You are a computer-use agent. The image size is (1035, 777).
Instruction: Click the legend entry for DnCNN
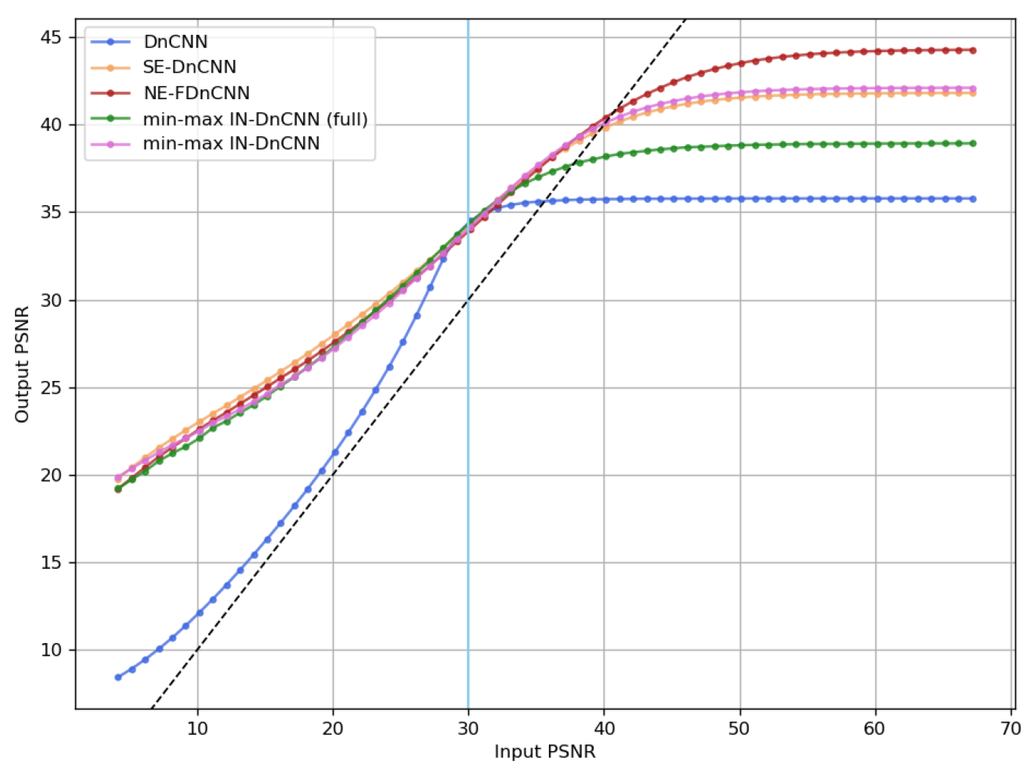[175, 42]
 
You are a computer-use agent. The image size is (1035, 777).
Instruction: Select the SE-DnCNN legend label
[189, 67]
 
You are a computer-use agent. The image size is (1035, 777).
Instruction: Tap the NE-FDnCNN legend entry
[196, 93]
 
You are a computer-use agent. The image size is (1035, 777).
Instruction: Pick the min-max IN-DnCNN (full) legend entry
[254, 119]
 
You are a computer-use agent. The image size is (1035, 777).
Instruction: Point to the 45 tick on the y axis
[52, 37]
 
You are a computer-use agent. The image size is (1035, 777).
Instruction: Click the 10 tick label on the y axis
[52, 650]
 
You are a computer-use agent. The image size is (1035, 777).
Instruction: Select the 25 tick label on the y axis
[52, 388]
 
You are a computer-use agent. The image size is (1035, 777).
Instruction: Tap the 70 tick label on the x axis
[1010, 729]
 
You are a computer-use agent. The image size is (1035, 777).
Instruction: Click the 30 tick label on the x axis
[468, 729]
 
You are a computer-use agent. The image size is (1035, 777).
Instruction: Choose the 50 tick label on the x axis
[739, 729]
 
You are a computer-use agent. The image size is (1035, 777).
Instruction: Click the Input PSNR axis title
[544, 752]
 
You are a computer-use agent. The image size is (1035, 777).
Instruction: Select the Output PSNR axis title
[22, 364]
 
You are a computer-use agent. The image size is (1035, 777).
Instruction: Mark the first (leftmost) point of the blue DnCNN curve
[118, 677]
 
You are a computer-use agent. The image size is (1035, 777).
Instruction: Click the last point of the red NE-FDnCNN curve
[973, 51]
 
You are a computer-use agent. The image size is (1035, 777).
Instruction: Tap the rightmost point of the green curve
[973, 143]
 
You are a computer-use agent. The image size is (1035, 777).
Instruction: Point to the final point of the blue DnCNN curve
[973, 199]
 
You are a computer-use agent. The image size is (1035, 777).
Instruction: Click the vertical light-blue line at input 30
[468, 454]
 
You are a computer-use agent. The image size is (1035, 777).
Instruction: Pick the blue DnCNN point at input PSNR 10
[200, 613]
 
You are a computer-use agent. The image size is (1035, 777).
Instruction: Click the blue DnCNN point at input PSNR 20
[335, 452]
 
